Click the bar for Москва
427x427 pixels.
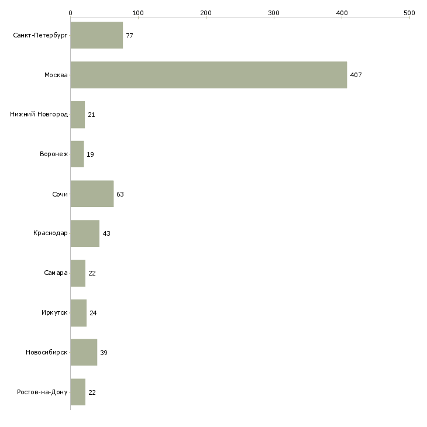tap(209, 75)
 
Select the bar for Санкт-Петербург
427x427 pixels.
tap(97, 35)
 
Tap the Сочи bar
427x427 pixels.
tap(92, 194)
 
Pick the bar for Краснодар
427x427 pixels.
tap(85, 233)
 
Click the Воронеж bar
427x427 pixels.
tap(77, 154)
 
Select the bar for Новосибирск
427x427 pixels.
tap(84, 352)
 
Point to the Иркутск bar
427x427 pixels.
tap(78, 313)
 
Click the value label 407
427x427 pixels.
tap(356, 75)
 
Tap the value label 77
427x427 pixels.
tap(129, 36)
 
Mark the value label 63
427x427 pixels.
tap(120, 194)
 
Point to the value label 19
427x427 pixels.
tap(90, 154)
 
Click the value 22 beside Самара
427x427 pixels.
tap(92, 273)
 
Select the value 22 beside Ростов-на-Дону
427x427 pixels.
tap(92, 392)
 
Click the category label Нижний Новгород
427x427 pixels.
tap(39, 115)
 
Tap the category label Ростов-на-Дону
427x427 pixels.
tap(42, 392)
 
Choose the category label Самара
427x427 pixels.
tap(56, 273)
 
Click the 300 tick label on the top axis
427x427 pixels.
tap(274, 13)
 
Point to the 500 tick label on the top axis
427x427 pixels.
tap(409, 13)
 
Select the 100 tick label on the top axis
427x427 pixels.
tap(138, 13)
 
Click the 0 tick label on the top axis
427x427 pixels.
tap(71, 13)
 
